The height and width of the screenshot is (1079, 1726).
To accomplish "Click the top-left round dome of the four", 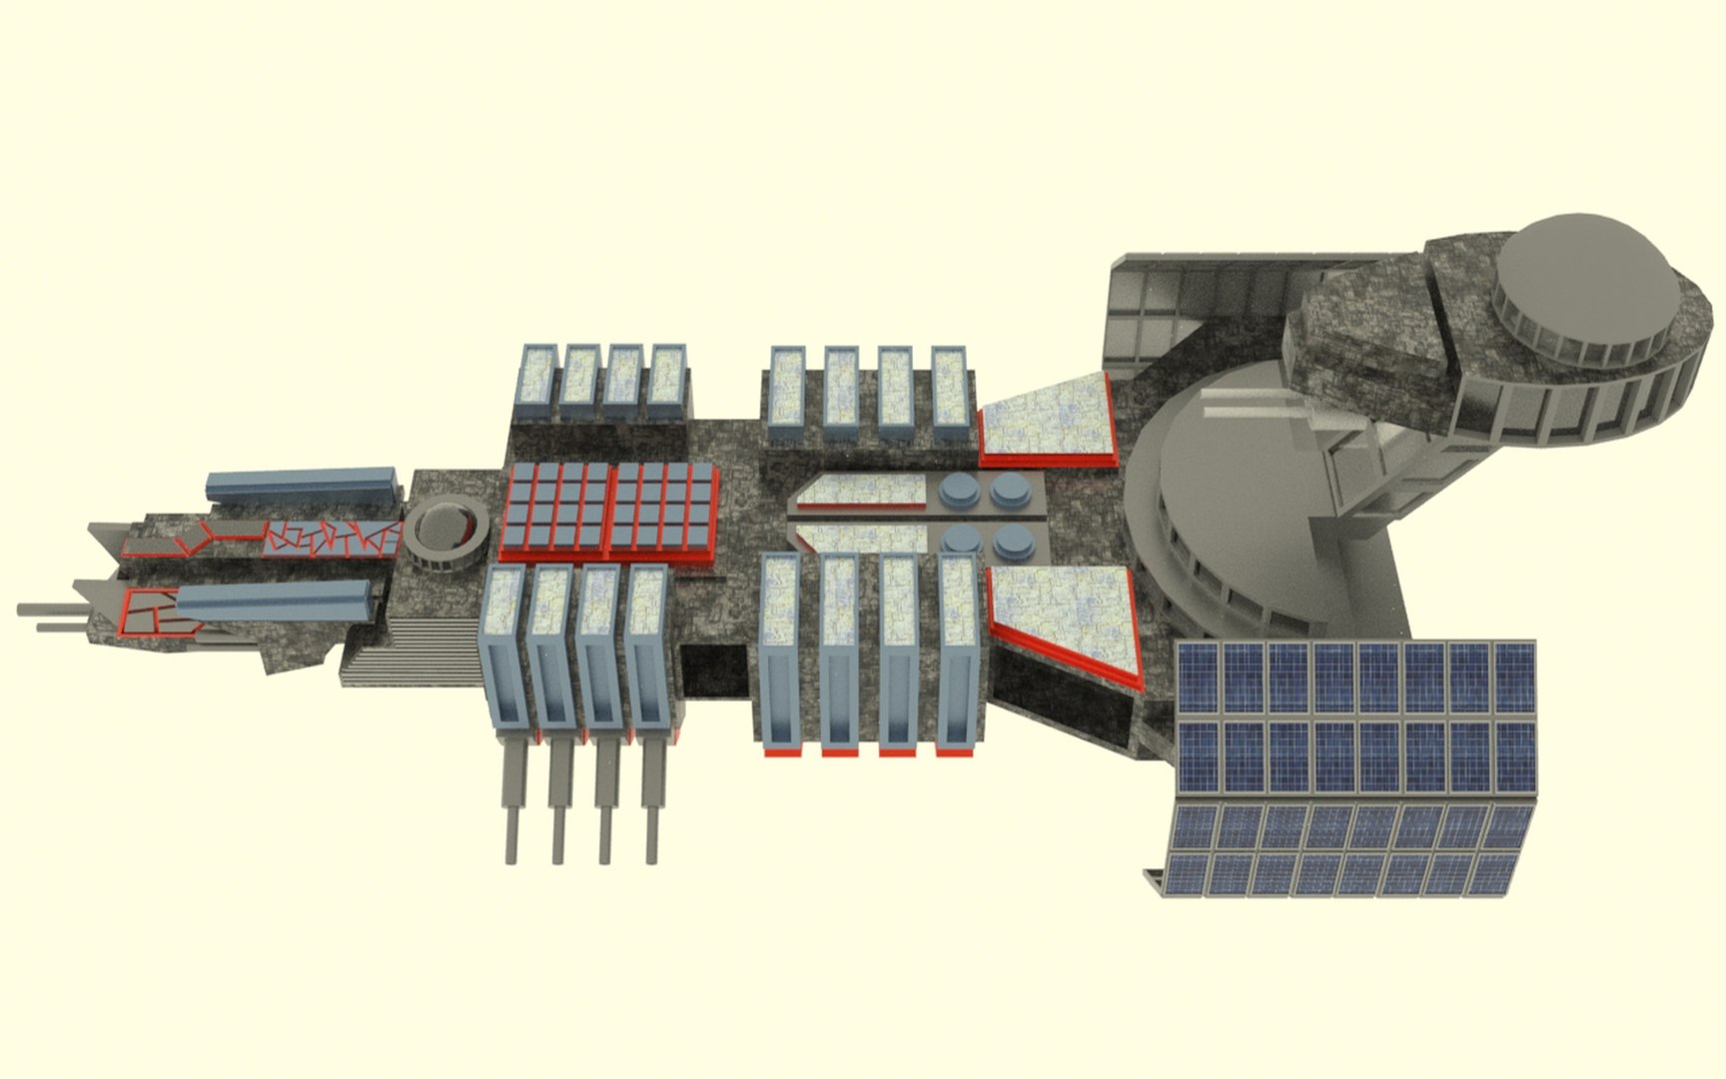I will tap(959, 490).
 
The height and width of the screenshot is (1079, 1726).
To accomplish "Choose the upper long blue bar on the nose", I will tap(300, 485).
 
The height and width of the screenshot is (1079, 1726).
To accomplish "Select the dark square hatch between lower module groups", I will tap(715, 669).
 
